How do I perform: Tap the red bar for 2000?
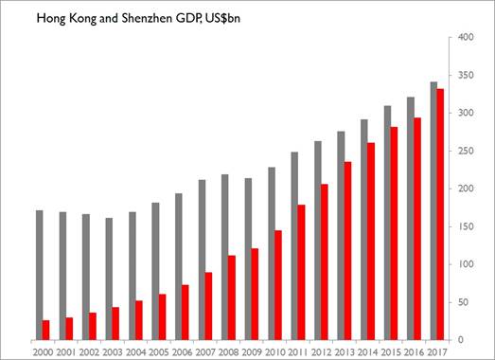[x=46, y=330]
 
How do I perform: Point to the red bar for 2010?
[x=278, y=284]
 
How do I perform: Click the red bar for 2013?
[x=348, y=250]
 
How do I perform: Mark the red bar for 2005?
[x=162, y=316]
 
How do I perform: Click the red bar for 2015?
[x=395, y=233]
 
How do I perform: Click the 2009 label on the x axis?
[x=251, y=351]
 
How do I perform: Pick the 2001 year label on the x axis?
[x=65, y=351]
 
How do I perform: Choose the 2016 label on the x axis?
[x=414, y=351]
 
